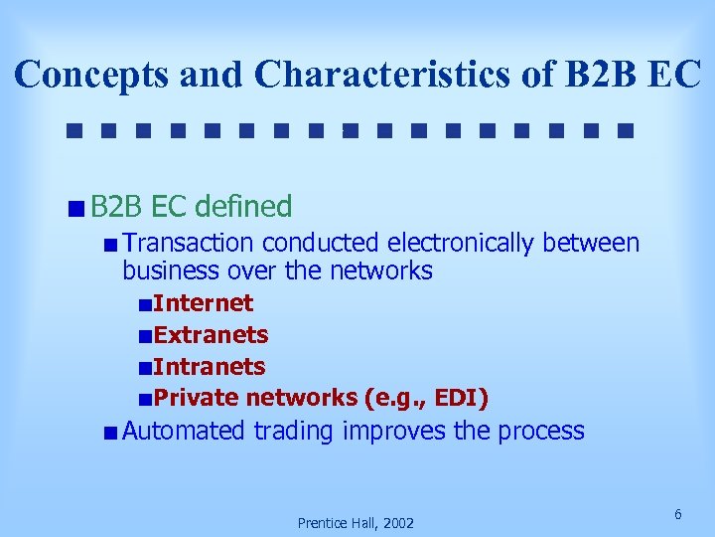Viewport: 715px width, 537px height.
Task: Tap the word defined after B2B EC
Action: pos(243,207)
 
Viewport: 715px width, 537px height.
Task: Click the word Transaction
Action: pos(190,243)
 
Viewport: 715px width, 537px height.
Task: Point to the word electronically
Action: pos(460,243)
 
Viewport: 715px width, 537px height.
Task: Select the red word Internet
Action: pos(204,303)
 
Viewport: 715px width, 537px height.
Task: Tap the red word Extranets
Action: pos(211,335)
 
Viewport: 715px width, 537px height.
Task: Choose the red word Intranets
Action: pos(210,367)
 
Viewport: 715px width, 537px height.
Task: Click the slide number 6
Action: pos(677,514)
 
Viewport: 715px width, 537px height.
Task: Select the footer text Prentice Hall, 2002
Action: pos(356,523)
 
